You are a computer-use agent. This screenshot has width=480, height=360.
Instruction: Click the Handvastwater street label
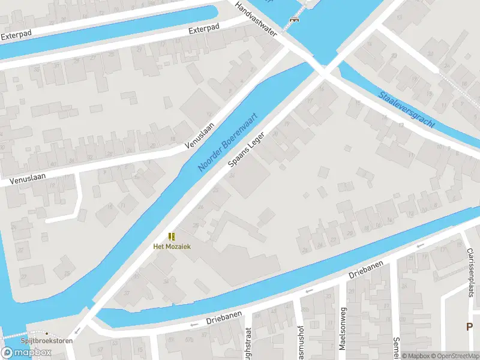[x=256, y=19]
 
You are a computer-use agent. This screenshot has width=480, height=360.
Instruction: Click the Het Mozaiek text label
[x=172, y=247]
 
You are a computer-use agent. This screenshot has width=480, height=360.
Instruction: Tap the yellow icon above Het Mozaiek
[x=172, y=236]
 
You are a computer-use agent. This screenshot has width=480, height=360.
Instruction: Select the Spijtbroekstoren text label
[x=43, y=341]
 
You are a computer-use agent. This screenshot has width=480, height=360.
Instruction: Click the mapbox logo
[x=26, y=353]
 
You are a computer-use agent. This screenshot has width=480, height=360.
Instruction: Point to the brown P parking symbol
[x=470, y=327]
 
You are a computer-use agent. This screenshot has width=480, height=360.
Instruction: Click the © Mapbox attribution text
[x=416, y=356]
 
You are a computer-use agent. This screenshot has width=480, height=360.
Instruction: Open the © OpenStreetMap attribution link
[x=457, y=356]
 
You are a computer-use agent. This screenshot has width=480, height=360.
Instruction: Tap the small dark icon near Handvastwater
[x=293, y=20]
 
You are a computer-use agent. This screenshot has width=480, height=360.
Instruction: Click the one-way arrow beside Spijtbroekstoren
[x=77, y=332]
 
